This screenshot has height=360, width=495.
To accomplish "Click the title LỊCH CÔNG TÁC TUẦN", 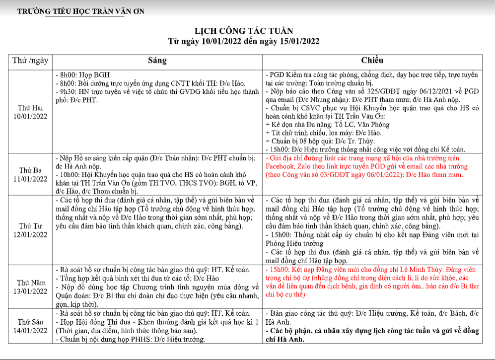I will (247, 31).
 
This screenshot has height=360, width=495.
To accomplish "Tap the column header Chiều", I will (372, 61).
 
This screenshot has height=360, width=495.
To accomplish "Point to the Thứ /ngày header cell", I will (31, 61).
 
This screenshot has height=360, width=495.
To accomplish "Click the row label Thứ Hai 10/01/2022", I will (31, 112).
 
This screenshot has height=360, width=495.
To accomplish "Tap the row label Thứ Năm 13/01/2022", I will (31, 287).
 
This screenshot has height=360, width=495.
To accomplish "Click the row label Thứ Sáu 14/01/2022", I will (31, 326).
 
